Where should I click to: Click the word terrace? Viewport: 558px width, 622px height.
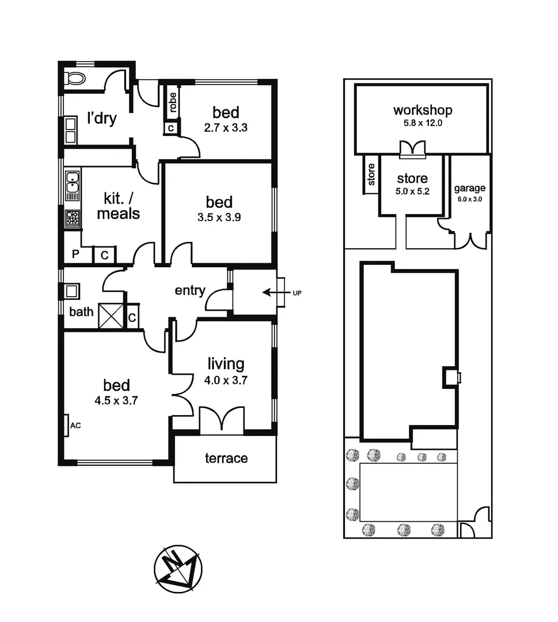[226, 458]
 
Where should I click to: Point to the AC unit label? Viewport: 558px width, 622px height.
[75, 426]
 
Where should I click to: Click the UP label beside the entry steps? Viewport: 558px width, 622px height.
[297, 293]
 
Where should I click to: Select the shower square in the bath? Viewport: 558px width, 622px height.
[111, 316]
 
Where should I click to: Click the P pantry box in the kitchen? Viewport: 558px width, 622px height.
[75, 255]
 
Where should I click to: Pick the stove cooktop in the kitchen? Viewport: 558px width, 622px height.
[73, 218]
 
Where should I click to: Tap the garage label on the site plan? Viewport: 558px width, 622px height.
[469, 188]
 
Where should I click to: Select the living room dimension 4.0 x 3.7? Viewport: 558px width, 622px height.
[226, 380]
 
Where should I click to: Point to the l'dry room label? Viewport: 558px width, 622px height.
[101, 119]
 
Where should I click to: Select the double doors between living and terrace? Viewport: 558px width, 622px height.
[222, 421]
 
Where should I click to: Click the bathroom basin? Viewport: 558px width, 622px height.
[71, 291]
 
